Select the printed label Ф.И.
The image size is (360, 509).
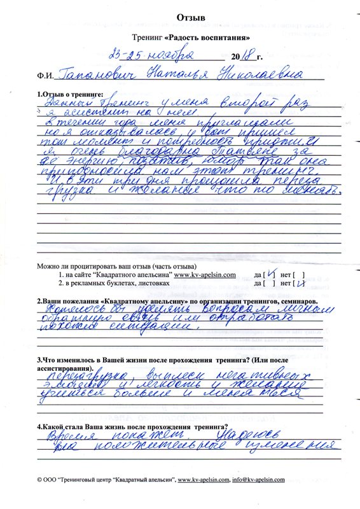pyautogui.click(x=46, y=76)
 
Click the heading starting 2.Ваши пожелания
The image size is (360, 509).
pyautogui.click(x=174, y=300)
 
